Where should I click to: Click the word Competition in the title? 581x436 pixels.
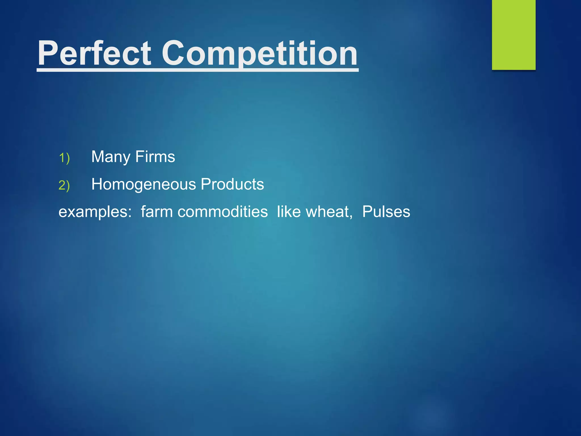tap(259, 53)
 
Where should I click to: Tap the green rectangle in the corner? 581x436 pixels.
tap(513, 35)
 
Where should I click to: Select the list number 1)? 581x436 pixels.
tap(64, 158)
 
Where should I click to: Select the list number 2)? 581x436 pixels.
tap(64, 185)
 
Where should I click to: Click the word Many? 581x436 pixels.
tap(111, 157)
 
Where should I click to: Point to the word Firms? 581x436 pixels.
tap(155, 157)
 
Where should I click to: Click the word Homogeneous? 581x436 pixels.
tap(144, 185)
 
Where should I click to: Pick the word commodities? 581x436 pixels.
tap(222, 212)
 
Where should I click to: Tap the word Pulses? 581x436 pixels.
tap(386, 212)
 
